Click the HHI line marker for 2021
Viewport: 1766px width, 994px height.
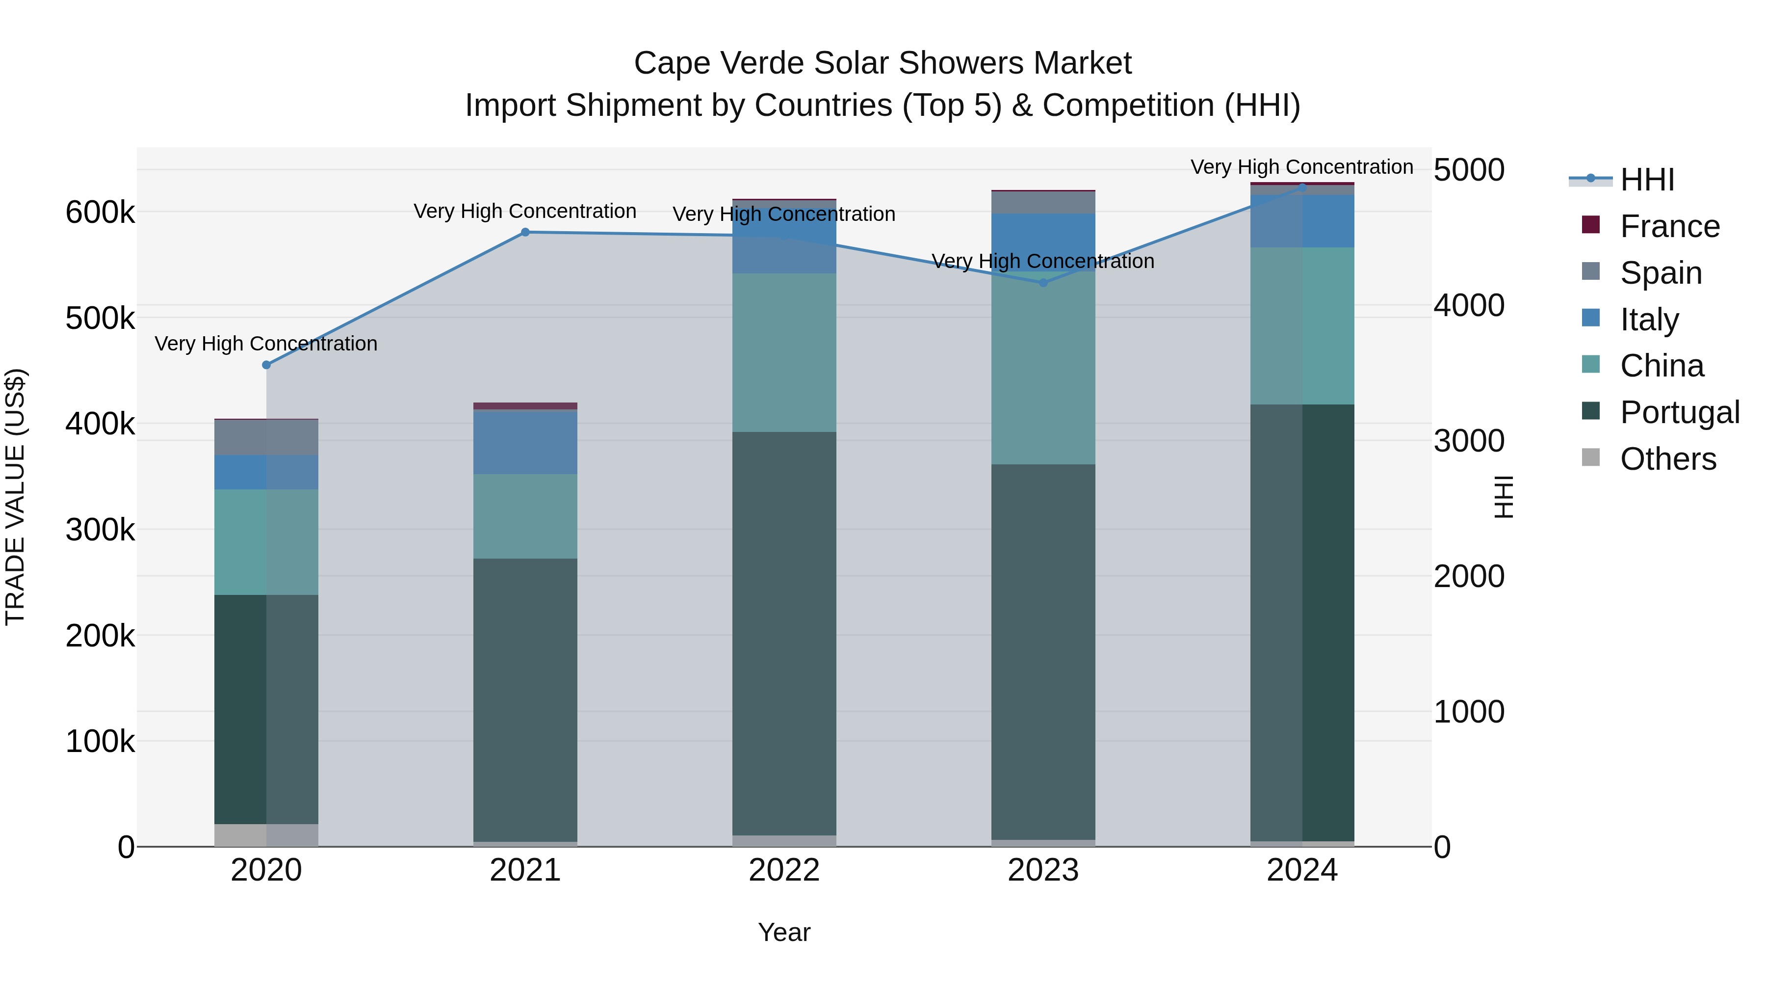525,233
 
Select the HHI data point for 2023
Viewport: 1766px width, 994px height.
1043,283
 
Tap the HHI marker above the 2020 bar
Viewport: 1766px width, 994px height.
267,365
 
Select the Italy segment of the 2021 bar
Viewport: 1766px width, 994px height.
525,442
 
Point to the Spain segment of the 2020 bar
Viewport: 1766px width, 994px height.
267,437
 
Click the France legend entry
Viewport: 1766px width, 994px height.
1669,226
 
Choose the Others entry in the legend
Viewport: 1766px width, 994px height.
1667,459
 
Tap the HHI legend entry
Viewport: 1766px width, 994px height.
1647,180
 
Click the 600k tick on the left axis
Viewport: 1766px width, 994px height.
100,213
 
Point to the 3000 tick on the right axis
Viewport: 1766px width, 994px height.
1468,441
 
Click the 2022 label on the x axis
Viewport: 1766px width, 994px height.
784,870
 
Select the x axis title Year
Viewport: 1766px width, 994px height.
784,932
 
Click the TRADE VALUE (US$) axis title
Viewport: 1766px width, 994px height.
15,497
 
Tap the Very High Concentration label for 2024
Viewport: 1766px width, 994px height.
1301,167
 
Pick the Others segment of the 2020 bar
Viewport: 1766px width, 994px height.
267,835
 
